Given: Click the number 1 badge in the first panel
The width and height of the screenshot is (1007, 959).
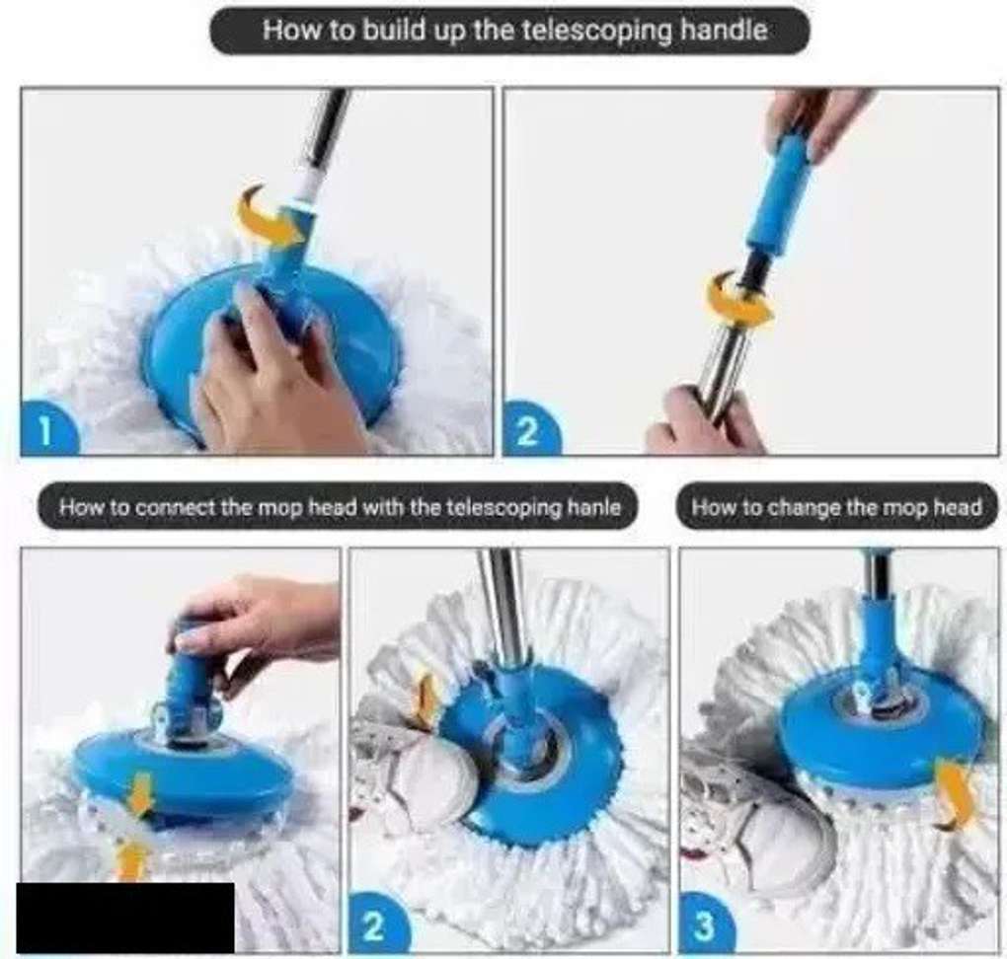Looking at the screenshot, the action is coord(48,428).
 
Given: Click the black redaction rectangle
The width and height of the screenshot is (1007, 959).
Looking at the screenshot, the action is coord(125,918).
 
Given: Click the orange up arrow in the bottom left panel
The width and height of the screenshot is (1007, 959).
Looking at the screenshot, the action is coord(131,860).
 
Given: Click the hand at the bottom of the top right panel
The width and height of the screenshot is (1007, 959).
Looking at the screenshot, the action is coord(700,420).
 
